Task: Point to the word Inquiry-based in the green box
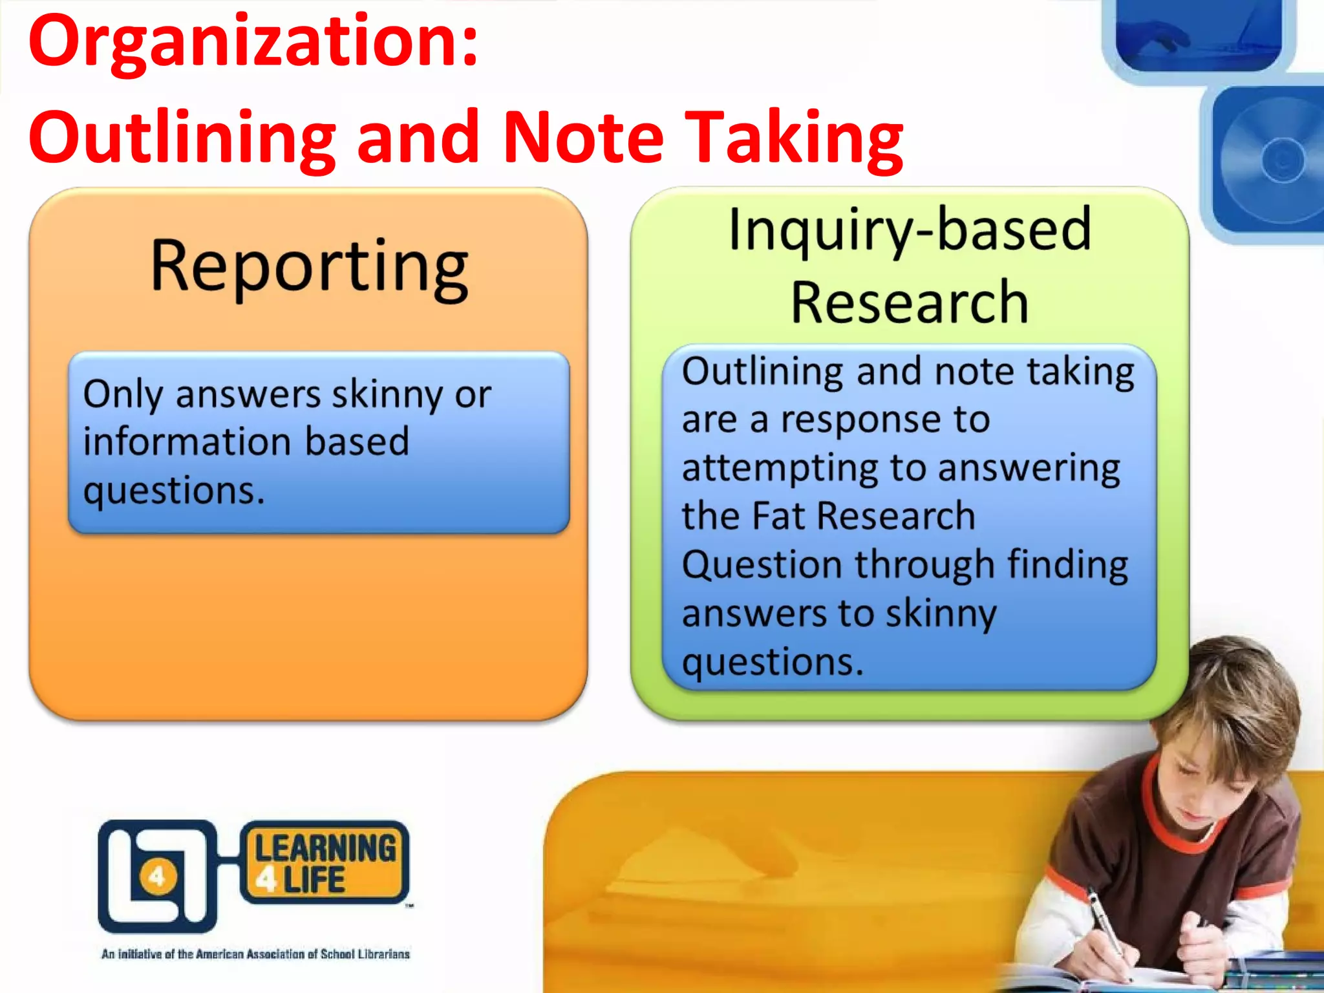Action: [x=910, y=231]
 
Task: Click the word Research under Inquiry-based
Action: [x=910, y=303]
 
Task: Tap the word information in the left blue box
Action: [x=187, y=442]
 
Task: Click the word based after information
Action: [x=357, y=442]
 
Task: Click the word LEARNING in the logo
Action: [x=325, y=849]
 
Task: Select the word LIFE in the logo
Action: [x=314, y=881]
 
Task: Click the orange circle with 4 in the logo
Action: [x=157, y=877]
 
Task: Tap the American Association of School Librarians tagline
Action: [x=255, y=954]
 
